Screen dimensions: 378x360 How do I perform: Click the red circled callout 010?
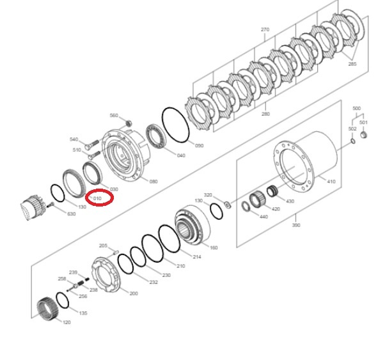tap(99, 198)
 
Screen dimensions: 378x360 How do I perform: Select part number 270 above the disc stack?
tap(265, 29)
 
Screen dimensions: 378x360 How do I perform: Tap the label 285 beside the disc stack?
tap(352, 64)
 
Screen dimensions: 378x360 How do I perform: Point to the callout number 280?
tap(265, 114)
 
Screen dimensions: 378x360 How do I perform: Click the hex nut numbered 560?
tap(129, 123)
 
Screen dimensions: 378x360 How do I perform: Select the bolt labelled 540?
tap(91, 145)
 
